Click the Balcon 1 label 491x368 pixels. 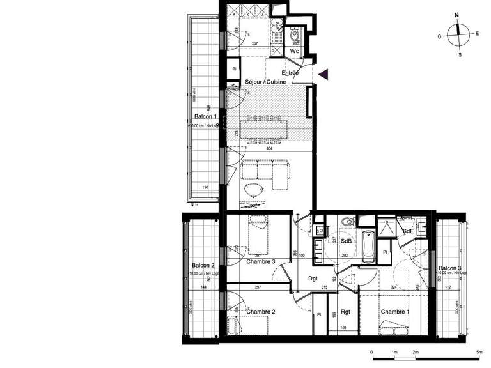pos(206,117)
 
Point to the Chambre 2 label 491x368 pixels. pos(261,312)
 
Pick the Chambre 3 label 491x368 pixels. pos(261,261)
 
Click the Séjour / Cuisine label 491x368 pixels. pos(269,82)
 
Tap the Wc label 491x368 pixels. pos(295,50)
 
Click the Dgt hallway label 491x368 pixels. pos(313,279)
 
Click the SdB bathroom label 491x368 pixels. pos(347,241)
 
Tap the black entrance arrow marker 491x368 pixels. pos(323,75)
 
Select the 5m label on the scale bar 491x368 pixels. pos(479,352)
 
